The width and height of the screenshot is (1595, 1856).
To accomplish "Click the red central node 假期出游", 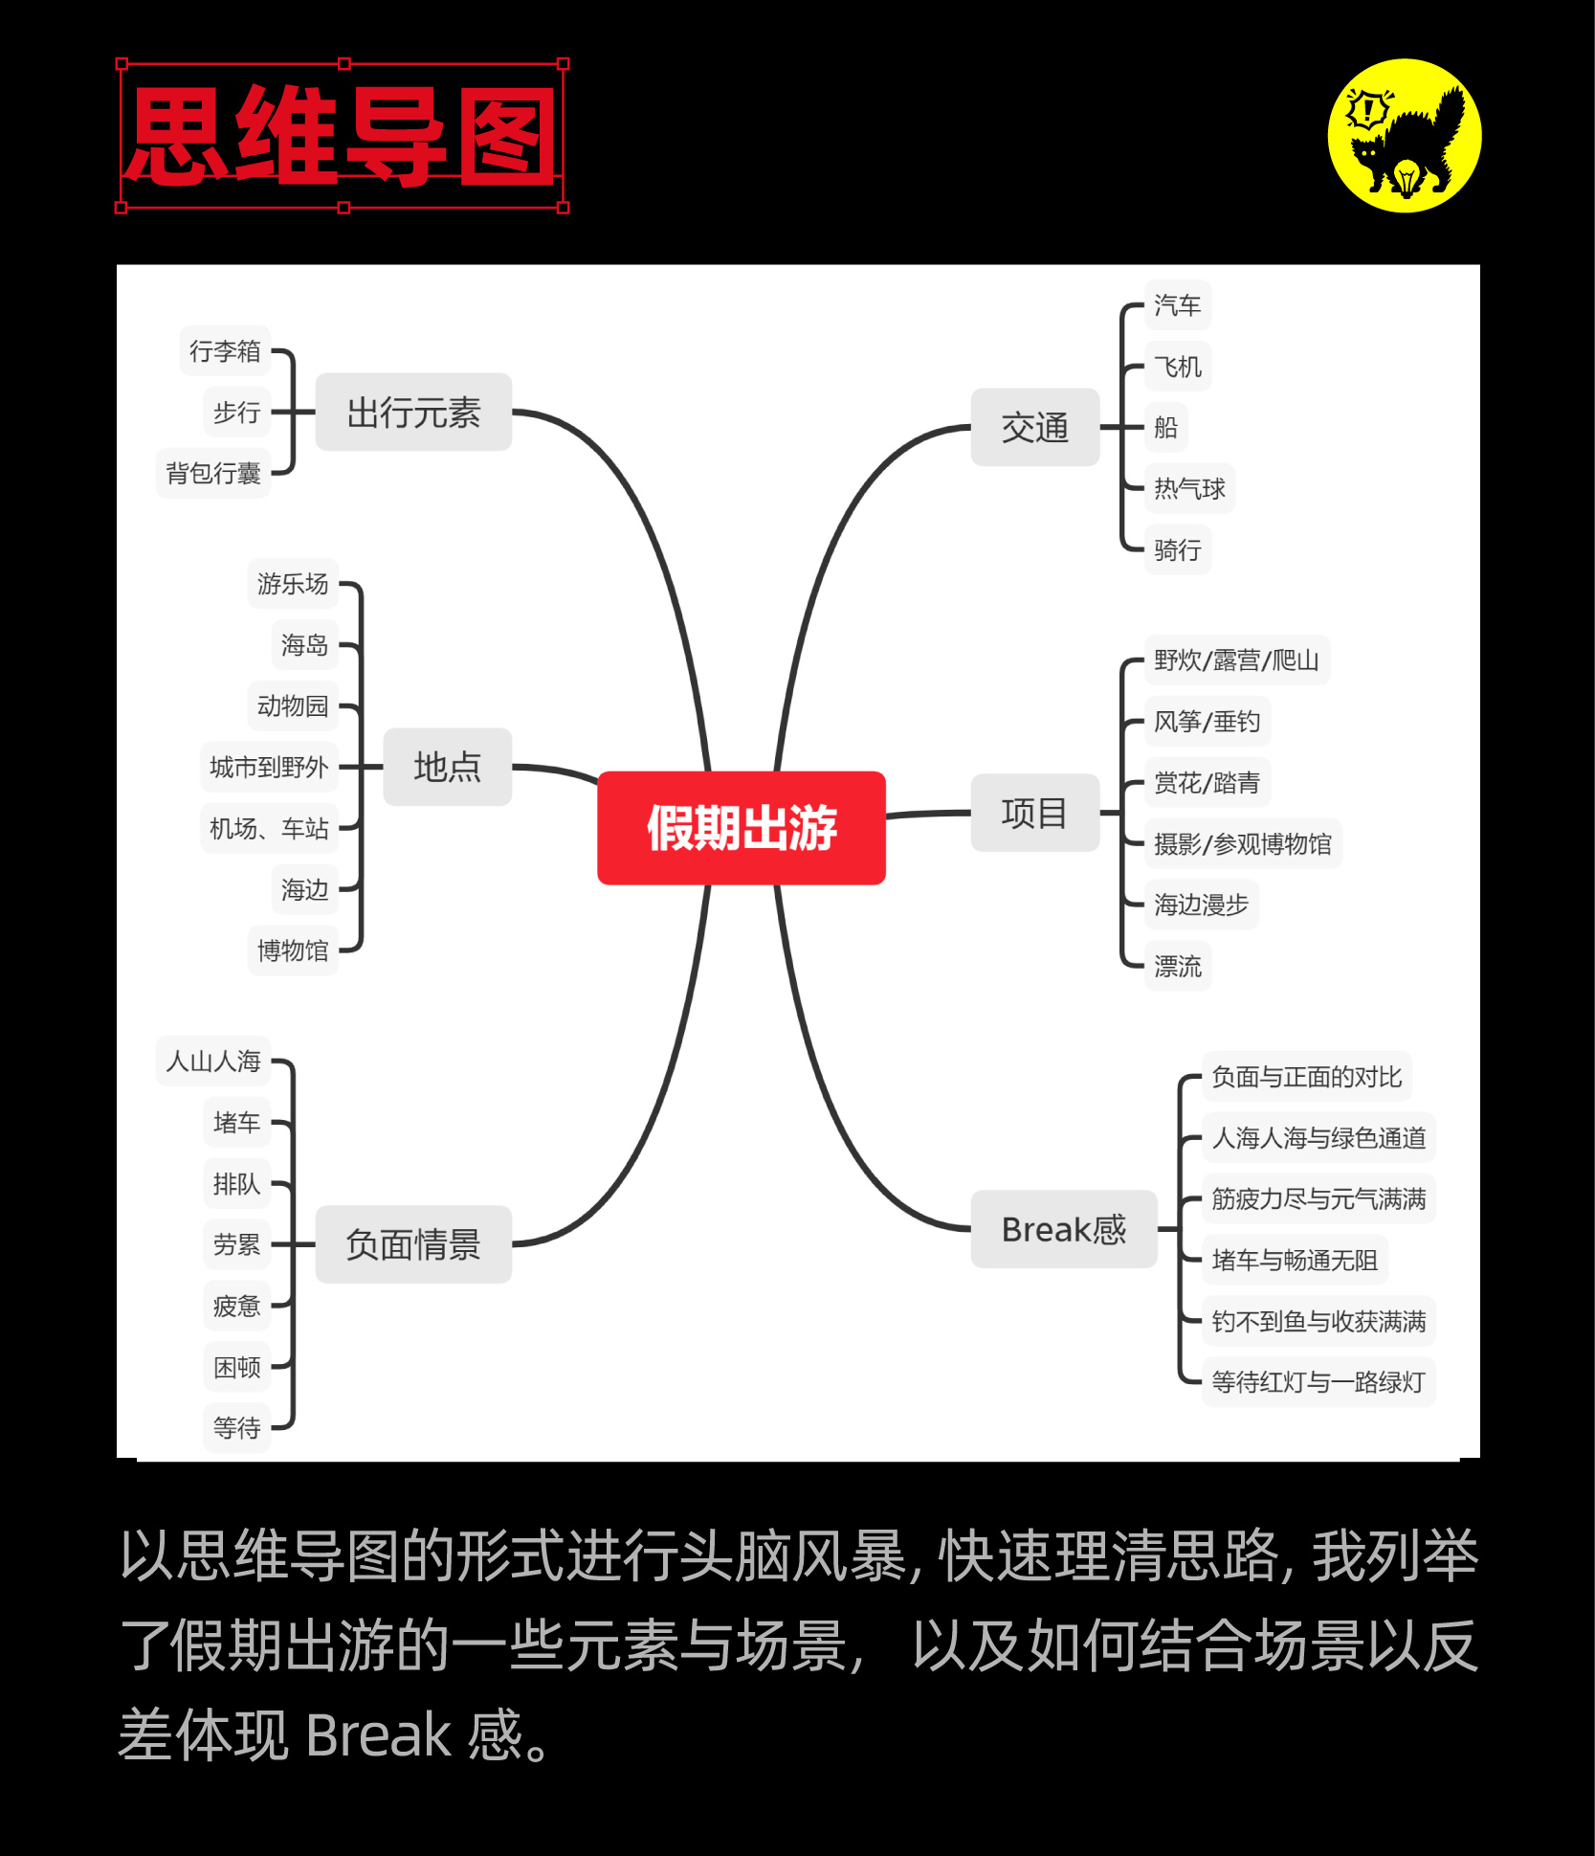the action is pyautogui.click(x=741, y=827).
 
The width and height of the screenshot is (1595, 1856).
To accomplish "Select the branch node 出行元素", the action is pyautogui.click(x=413, y=413).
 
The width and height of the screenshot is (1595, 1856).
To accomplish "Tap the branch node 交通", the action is pyautogui.click(x=1034, y=427).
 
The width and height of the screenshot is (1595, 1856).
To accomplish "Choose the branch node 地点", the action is pyautogui.click(x=447, y=767).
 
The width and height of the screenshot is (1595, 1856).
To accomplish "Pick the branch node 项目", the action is pyautogui.click(x=1034, y=813).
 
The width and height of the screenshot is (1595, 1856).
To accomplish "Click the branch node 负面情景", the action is pyautogui.click(x=413, y=1243).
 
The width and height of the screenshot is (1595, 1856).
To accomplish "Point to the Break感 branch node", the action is pyautogui.click(x=1063, y=1229).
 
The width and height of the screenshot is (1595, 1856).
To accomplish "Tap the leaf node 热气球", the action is pyautogui.click(x=1188, y=489).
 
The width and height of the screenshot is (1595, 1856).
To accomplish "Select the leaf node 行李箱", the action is pyautogui.click(x=225, y=351).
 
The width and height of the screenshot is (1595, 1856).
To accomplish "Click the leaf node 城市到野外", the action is pyautogui.click(x=269, y=767).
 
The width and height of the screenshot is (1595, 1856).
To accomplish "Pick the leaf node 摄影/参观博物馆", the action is pyautogui.click(x=1242, y=843).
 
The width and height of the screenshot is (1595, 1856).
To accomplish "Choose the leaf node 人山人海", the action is pyautogui.click(x=213, y=1061).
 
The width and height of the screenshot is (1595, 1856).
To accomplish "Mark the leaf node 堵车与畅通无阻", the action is pyautogui.click(x=1294, y=1260).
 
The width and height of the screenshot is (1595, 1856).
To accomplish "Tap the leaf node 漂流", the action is pyautogui.click(x=1177, y=966).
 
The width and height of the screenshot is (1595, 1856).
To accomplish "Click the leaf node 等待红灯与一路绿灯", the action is pyautogui.click(x=1318, y=1381).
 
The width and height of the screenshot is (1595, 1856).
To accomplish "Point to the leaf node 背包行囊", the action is pyautogui.click(x=213, y=473).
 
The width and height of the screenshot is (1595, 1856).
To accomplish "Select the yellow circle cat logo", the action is pyautogui.click(x=1404, y=135).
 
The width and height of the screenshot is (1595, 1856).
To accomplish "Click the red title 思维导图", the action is pyautogui.click(x=342, y=135).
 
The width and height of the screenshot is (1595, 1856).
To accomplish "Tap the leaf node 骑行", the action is pyautogui.click(x=1177, y=549).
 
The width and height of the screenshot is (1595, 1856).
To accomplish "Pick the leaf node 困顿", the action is pyautogui.click(x=236, y=1367).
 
